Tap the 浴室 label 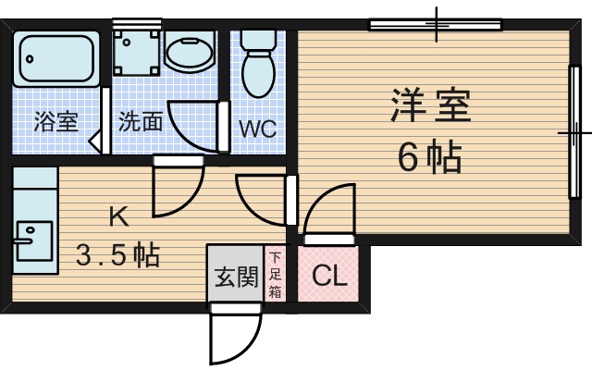(55, 121)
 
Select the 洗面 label (141, 121)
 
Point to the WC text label (258, 129)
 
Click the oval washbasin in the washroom (191, 52)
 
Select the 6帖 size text (430, 158)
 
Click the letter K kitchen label (117, 219)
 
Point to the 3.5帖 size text (117, 254)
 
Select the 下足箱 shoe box (276, 274)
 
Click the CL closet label (329, 276)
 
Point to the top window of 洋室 (435, 24)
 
